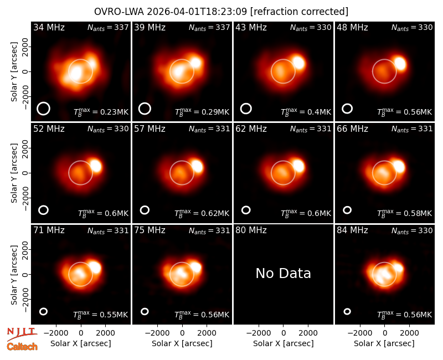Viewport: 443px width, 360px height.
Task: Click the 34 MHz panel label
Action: (x=49, y=27)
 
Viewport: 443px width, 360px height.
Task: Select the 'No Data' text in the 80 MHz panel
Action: (x=283, y=273)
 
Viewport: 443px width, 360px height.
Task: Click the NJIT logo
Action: (x=22, y=334)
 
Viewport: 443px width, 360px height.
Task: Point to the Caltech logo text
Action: (x=22, y=347)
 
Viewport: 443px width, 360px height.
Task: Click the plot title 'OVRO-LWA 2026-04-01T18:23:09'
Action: (x=171, y=12)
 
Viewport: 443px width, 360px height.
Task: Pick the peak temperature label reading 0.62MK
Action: (x=202, y=213)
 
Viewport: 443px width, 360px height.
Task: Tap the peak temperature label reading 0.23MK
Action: (x=101, y=112)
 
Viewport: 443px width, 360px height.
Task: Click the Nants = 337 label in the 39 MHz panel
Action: (x=209, y=27)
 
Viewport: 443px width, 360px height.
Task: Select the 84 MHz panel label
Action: (x=352, y=230)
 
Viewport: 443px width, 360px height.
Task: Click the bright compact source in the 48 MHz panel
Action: (x=400, y=64)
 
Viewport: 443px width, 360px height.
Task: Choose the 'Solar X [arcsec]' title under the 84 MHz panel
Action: (x=384, y=343)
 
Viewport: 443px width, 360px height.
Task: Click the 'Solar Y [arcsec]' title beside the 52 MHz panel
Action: (x=14, y=173)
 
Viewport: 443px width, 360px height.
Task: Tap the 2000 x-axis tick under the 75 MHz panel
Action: (x=207, y=333)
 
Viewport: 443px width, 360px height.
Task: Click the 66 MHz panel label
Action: (x=352, y=129)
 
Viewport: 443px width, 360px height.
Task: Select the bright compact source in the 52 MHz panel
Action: (x=96, y=166)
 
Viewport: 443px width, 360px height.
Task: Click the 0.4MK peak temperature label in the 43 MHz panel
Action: (x=306, y=112)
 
